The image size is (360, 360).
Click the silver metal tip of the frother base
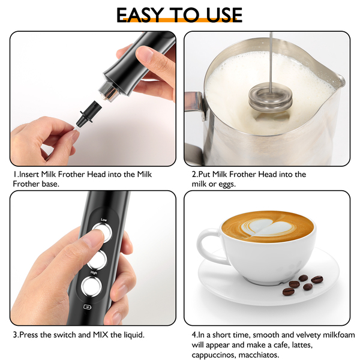click(x=109, y=92)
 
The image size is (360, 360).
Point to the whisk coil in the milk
click(x=271, y=98)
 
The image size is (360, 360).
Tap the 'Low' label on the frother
click(x=104, y=220)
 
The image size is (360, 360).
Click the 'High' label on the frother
click(x=94, y=272)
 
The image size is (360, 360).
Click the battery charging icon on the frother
click(x=87, y=307)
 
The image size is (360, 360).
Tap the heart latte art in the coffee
click(x=269, y=228)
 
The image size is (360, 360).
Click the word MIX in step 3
click(x=100, y=335)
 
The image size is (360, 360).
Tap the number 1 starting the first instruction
click(x=15, y=174)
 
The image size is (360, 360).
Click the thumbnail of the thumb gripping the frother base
click(x=144, y=53)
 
